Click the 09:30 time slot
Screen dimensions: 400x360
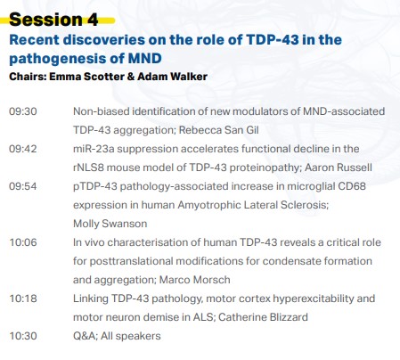(x=23, y=111)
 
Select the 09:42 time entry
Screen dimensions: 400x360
(x=23, y=149)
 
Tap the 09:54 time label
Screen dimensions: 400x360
(x=23, y=186)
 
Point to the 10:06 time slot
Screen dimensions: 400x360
(x=23, y=242)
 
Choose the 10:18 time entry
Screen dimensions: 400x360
(x=23, y=299)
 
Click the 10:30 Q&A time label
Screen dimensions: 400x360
(x=23, y=336)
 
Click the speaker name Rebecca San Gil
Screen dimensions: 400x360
(x=218, y=130)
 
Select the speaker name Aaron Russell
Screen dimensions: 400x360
(x=339, y=168)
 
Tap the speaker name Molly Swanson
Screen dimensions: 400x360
(x=110, y=224)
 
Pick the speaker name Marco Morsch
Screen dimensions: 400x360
(x=194, y=280)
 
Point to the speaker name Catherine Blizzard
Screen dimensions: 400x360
(x=263, y=317)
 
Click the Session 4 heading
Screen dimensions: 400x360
(x=53, y=20)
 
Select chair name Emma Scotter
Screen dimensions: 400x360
(x=86, y=77)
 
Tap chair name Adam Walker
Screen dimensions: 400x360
(x=172, y=77)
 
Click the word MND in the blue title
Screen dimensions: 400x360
(x=145, y=58)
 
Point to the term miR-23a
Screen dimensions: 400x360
(x=94, y=149)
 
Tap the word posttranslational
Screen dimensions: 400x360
(x=131, y=261)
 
